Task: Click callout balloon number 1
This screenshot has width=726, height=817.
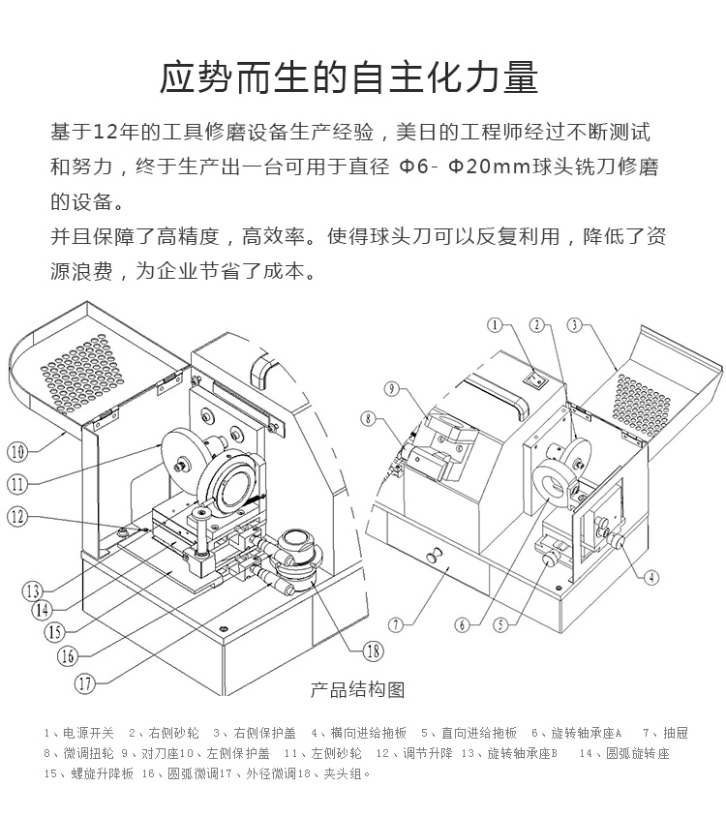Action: tap(497, 326)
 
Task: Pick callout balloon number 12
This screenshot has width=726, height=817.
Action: tap(17, 516)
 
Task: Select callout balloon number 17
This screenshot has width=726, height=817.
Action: tap(85, 682)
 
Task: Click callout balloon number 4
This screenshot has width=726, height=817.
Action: tap(652, 577)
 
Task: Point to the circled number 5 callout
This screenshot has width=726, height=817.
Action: tap(500, 624)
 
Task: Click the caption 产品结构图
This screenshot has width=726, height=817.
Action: tap(357, 690)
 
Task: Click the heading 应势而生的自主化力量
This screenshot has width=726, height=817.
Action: tap(348, 77)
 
